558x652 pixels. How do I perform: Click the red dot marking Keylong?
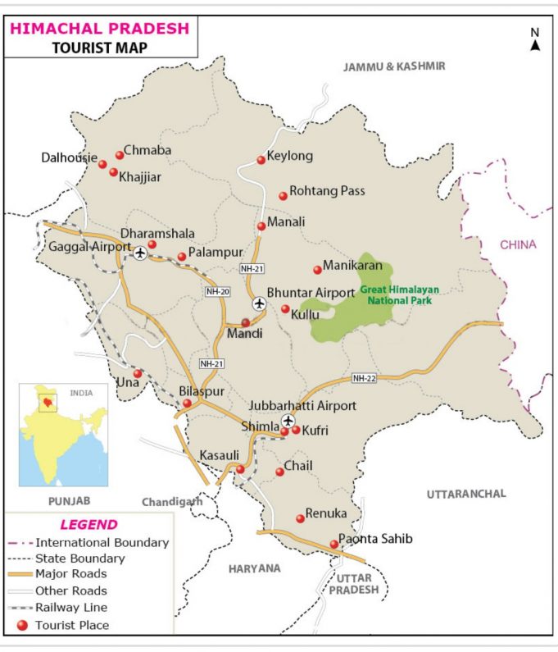[x=261, y=160]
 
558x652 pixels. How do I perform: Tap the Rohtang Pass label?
[x=327, y=191]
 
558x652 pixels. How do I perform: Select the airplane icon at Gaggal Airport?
[x=140, y=252]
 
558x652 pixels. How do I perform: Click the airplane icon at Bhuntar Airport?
[x=260, y=304]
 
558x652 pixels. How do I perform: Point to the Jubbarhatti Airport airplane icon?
[x=288, y=421]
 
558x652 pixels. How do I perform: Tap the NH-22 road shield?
[x=364, y=378]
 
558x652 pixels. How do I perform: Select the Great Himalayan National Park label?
[x=399, y=296]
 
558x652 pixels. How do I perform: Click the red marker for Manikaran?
[x=317, y=270]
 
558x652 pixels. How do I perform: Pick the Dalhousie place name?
[x=69, y=157]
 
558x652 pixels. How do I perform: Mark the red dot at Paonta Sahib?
[x=333, y=545]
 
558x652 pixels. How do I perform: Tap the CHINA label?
[x=519, y=244]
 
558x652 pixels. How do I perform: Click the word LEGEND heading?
[x=88, y=525]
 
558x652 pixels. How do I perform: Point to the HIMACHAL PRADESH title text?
[x=99, y=28]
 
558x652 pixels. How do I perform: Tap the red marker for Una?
[x=138, y=374]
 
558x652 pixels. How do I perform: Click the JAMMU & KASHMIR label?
[x=394, y=66]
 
